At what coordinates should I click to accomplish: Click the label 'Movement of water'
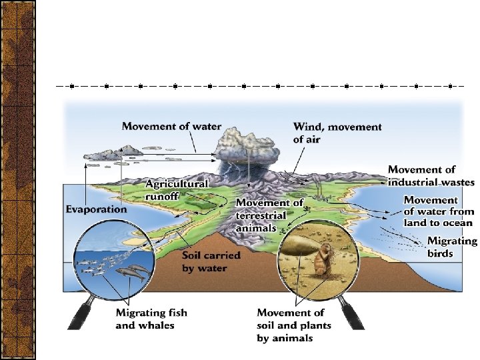pyautogui.click(x=172, y=127)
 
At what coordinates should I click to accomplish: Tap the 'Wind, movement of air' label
pyautogui.click(x=337, y=133)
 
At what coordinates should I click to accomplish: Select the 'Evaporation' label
pyautogui.click(x=96, y=209)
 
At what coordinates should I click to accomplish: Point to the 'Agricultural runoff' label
pyautogui.click(x=177, y=189)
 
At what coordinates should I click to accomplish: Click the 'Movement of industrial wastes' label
pyautogui.click(x=431, y=176)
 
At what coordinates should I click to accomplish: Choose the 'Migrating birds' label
pyautogui.click(x=451, y=247)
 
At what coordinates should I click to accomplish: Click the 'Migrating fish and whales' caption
pyautogui.click(x=151, y=319)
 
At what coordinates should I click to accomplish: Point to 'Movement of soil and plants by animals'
pyautogui.click(x=291, y=325)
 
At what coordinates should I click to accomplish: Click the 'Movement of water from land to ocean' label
pyautogui.click(x=438, y=211)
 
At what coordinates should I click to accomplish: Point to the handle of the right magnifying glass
pyautogui.click(x=353, y=313)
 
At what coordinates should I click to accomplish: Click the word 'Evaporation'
pyautogui.click(x=96, y=209)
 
